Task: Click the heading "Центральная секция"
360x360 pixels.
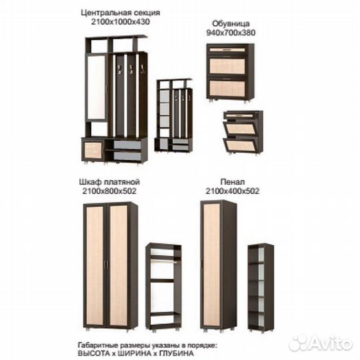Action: click(x=121, y=13)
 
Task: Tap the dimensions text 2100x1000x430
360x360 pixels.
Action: click(x=121, y=22)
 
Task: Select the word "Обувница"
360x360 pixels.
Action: click(x=231, y=23)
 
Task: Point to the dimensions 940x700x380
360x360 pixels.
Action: click(x=231, y=33)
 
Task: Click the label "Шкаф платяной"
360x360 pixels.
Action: click(x=109, y=182)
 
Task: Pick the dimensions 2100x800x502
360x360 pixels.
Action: click(x=109, y=191)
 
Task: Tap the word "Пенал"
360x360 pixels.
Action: click(x=233, y=182)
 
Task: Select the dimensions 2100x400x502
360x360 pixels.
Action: click(x=233, y=191)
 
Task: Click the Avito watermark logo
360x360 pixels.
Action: click(x=321, y=343)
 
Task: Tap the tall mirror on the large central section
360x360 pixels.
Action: click(x=97, y=87)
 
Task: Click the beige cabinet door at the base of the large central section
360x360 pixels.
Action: click(x=93, y=151)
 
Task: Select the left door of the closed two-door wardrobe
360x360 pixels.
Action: click(x=95, y=265)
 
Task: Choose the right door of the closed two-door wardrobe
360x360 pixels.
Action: click(x=119, y=265)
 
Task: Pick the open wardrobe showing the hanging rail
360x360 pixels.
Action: click(x=164, y=287)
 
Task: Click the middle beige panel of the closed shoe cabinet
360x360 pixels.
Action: click(x=227, y=66)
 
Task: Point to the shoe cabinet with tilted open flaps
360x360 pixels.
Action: click(x=243, y=132)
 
